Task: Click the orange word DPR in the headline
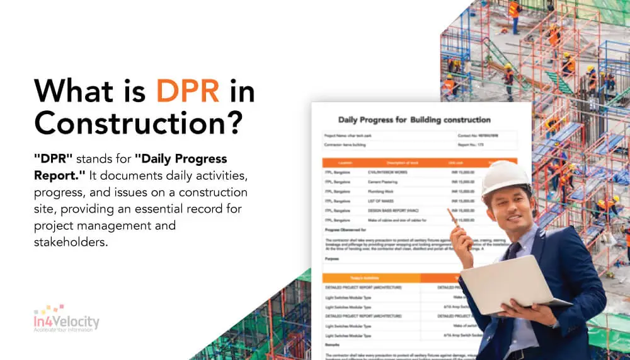click(x=188, y=92)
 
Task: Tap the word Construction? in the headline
click(x=139, y=124)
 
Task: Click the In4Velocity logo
click(x=66, y=318)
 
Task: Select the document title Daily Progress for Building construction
click(x=414, y=120)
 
